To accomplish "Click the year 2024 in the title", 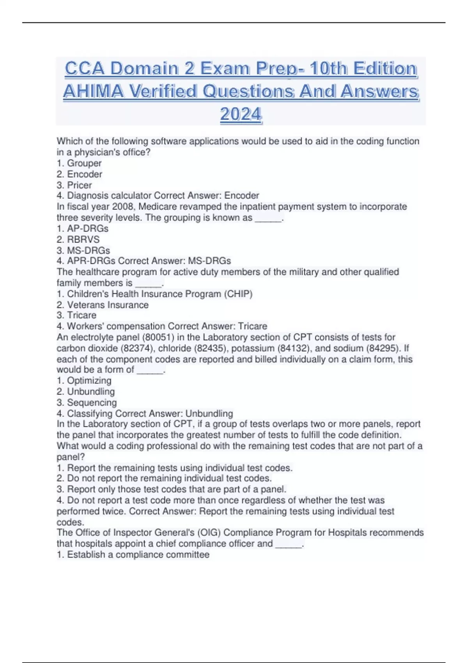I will click(x=241, y=114).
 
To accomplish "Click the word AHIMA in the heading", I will click(x=93, y=92).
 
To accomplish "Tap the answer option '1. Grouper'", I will click(x=79, y=163).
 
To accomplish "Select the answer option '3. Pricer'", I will click(x=74, y=185).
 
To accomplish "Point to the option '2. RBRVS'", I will click(x=78, y=239).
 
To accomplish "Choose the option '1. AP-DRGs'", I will click(x=82, y=228).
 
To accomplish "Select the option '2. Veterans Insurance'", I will click(x=103, y=305).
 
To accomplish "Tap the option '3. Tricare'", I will click(x=76, y=315).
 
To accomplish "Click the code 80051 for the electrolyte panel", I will click(x=158, y=337).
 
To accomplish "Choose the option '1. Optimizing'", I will click(x=84, y=380).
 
